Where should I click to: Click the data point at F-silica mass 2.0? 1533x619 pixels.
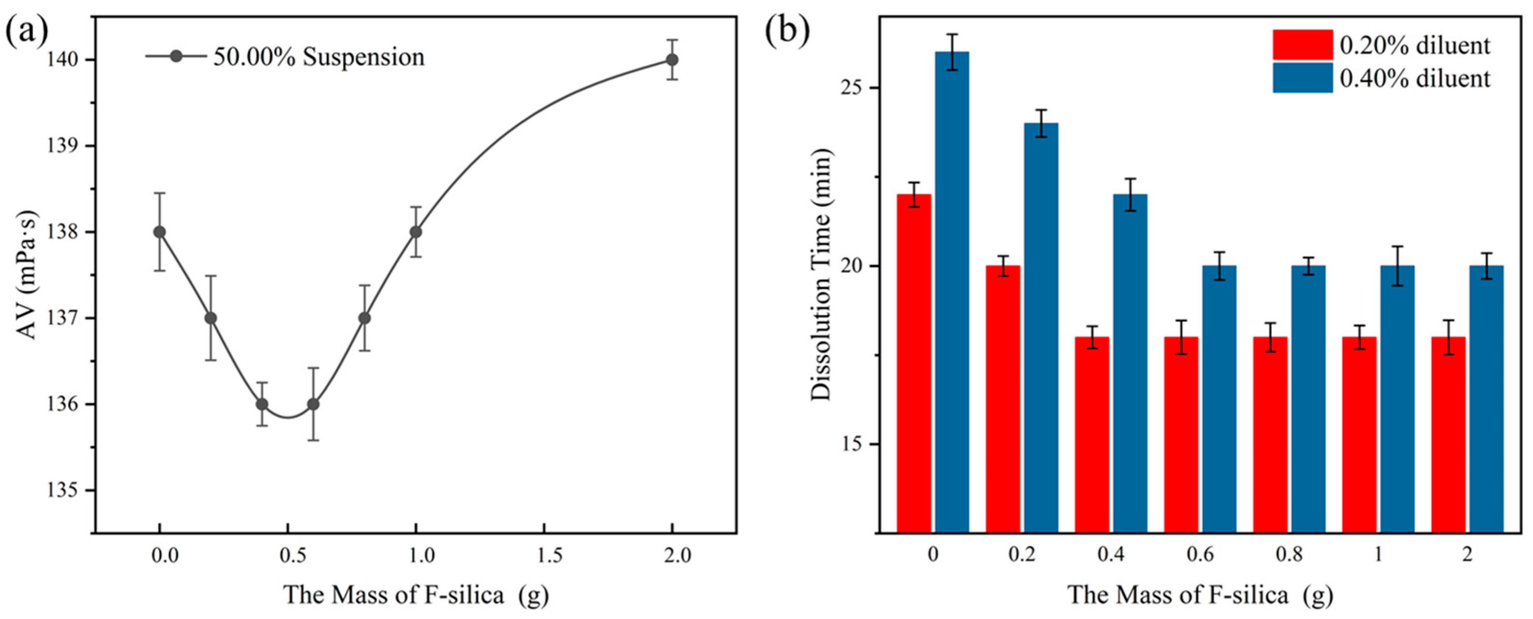pyautogui.click(x=672, y=59)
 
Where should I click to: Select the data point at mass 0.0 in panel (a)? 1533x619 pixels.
pyautogui.click(x=160, y=231)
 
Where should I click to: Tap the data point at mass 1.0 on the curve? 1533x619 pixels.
pyautogui.click(x=415, y=231)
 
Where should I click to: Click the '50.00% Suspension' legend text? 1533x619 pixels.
pyautogui.click(x=319, y=57)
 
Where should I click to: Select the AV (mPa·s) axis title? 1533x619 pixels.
pyautogui.click(x=26, y=275)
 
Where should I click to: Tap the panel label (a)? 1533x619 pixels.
pyautogui.click(x=26, y=31)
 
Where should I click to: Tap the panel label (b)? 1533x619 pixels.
pyautogui.click(x=787, y=31)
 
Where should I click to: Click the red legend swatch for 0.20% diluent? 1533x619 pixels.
pyautogui.click(x=1303, y=45)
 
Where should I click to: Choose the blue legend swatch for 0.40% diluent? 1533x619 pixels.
pyautogui.click(x=1303, y=78)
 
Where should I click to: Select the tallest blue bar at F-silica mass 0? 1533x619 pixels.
pyautogui.click(x=951, y=292)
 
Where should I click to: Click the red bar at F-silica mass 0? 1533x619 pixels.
pyautogui.click(x=914, y=363)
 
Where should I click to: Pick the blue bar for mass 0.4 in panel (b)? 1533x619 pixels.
pyautogui.click(x=1130, y=363)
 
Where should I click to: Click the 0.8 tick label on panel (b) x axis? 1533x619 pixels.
pyautogui.click(x=1289, y=556)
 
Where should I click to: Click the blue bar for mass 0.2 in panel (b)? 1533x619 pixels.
pyautogui.click(x=1041, y=327)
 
